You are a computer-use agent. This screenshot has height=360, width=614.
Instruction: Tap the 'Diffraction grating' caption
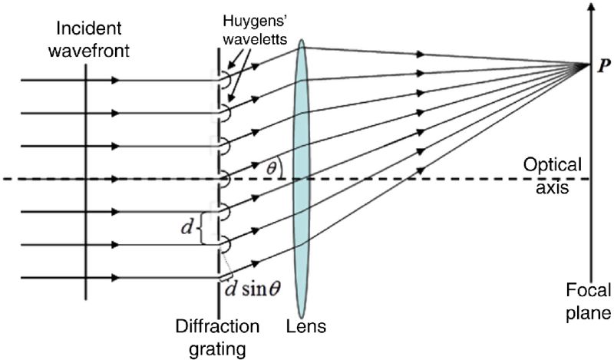point(219,337)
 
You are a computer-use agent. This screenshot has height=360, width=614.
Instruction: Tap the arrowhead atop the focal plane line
point(590,8)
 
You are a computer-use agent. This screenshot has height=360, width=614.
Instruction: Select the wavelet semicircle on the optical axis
point(226,179)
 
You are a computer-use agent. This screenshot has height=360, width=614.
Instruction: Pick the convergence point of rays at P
point(589,65)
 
